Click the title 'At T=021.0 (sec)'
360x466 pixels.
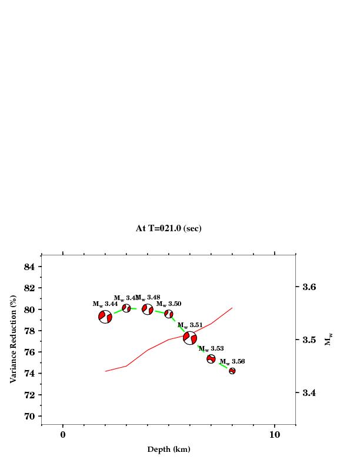point(168,228)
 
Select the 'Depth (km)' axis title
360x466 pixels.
point(168,450)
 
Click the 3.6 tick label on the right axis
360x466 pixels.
point(309,287)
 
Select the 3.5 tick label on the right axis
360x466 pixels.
point(309,340)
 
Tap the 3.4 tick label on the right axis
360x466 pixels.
point(309,392)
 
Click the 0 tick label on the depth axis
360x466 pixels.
point(63,435)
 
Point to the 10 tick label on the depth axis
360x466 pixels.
point(274,435)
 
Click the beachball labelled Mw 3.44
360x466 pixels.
point(105,317)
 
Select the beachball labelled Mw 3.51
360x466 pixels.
point(190,338)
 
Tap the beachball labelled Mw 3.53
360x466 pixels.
point(211,359)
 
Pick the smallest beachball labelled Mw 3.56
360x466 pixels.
point(232,371)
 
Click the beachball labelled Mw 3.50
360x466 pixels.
point(169,314)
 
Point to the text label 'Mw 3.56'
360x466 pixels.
point(232,361)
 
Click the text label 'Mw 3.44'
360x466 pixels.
point(105,304)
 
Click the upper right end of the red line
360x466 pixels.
point(232,308)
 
